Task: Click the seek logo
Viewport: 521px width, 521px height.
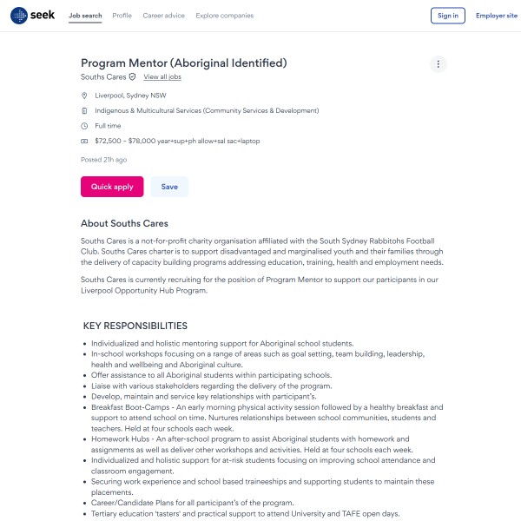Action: pos(33,15)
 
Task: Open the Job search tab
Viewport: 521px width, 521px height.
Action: pos(85,16)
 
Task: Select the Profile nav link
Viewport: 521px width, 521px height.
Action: pos(122,16)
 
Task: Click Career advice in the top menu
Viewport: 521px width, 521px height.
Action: pos(163,16)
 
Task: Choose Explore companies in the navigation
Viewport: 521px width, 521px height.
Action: pos(225,16)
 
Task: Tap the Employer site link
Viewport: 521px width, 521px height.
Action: pos(496,16)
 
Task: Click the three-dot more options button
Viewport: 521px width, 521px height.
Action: pos(439,64)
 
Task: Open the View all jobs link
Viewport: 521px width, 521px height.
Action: pos(162,77)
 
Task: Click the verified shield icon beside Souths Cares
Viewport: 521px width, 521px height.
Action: pos(132,77)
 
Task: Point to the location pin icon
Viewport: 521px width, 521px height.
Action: pos(84,96)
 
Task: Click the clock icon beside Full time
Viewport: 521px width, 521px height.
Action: pos(84,126)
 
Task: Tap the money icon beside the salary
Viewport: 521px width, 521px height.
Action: pos(84,141)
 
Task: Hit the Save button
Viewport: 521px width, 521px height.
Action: pos(169,187)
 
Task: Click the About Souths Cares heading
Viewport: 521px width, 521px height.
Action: pos(124,223)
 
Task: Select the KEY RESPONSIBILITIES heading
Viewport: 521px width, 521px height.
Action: pos(135,326)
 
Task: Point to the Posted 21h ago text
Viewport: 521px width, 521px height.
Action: pos(103,160)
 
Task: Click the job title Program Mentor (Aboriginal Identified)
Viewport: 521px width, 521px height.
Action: pos(183,63)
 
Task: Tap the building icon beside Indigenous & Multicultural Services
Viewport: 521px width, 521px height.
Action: pos(84,111)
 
